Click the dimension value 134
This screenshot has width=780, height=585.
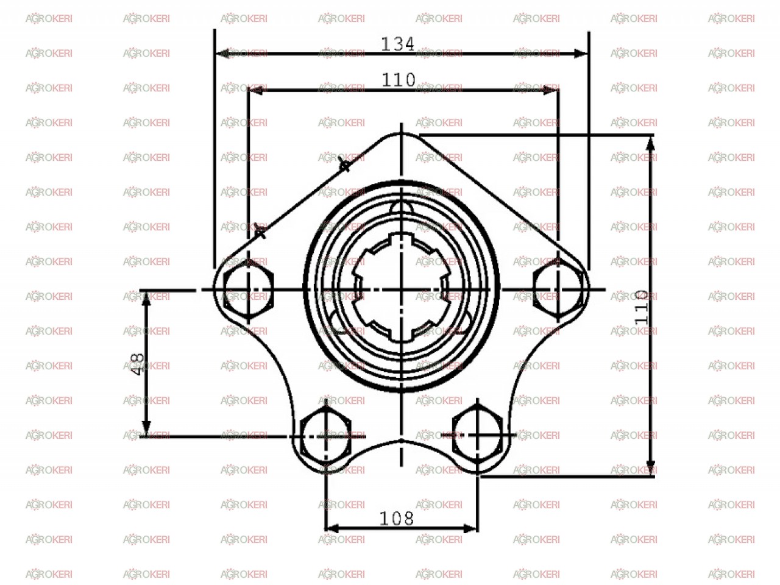click(398, 44)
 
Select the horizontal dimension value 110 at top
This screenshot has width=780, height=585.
click(399, 80)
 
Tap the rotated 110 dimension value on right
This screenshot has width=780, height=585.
click(642, 308)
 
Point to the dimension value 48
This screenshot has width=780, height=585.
click(138, 364)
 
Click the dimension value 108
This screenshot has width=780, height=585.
click(397, 519)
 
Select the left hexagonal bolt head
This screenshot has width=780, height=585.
click(248, 290)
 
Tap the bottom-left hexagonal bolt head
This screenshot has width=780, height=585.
click(326, 436)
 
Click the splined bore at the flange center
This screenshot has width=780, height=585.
click(401, 288)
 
